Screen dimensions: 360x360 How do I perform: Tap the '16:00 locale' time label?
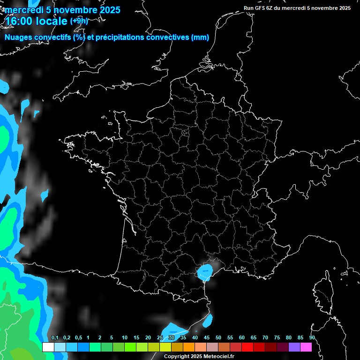pos(37,21)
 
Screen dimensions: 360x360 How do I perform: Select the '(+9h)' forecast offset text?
pos(79,21)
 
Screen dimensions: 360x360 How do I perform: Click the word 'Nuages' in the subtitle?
pos(18,37)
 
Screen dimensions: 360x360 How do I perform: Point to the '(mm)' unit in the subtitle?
pos(200,37)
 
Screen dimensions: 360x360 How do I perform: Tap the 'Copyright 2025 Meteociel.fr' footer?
pos(199,356)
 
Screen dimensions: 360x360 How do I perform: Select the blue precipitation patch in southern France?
pos(205,271)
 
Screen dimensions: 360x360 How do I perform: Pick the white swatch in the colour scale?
pos(48,347)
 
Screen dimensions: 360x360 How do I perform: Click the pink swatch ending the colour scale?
pos(306,347)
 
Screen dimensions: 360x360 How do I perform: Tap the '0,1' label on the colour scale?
pos(55,338)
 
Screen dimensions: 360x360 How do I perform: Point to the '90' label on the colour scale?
pos(312,338)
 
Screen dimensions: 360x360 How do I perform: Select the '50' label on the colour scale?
pos(218,338)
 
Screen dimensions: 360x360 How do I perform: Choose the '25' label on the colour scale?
pos(160,338)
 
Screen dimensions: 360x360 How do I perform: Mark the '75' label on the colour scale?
pos(277,338)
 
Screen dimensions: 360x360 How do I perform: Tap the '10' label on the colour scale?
pos(125,338)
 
